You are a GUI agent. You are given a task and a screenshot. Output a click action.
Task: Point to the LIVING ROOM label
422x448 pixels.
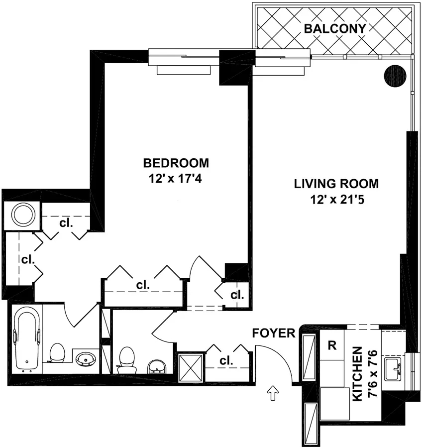coord(336,184)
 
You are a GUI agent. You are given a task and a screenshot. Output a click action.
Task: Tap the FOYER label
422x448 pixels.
coord(274,333)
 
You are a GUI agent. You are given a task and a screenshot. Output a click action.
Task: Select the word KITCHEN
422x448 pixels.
coord(357,374)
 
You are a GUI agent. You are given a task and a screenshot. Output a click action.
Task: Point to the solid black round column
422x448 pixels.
coord(396,76)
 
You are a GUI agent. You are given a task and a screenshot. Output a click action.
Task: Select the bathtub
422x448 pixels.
coord(25,338)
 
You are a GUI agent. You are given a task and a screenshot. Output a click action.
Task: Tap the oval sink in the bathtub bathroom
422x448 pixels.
coord(85,358)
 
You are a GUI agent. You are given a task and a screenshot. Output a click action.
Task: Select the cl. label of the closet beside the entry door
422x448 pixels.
coord(226,361)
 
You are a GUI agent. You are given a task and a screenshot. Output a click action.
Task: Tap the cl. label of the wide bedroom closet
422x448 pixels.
coord(143,285)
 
